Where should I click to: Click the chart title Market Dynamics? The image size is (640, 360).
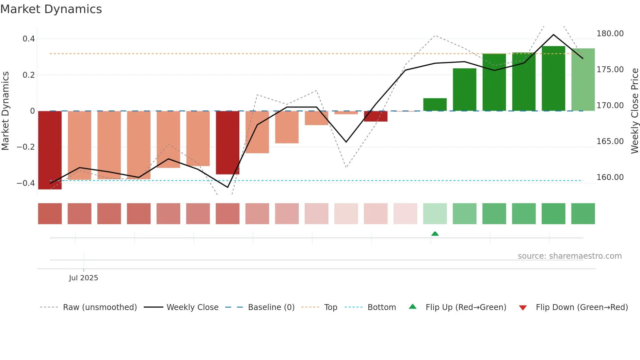point(51,9)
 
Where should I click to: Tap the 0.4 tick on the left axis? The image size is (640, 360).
point(29,39)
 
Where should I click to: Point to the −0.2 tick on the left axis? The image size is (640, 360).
point(26,147)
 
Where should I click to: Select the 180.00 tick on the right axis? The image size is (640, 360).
point(610,34)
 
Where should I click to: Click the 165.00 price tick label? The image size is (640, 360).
point(610,141)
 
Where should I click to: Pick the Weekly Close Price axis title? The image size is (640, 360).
point(634,111)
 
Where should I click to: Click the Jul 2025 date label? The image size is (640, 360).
point(83,278)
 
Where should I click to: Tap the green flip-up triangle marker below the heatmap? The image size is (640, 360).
point(435,234)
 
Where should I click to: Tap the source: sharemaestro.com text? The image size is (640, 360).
point(569,256)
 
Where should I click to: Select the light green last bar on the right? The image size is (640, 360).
point(583,80)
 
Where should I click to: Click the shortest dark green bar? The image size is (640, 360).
point(435,105)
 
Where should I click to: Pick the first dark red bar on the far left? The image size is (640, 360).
point(50,150)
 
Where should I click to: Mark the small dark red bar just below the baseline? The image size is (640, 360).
point(376,116)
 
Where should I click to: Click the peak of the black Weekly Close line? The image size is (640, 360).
point(553,35)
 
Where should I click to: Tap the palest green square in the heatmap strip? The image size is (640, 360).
point(435,214)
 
